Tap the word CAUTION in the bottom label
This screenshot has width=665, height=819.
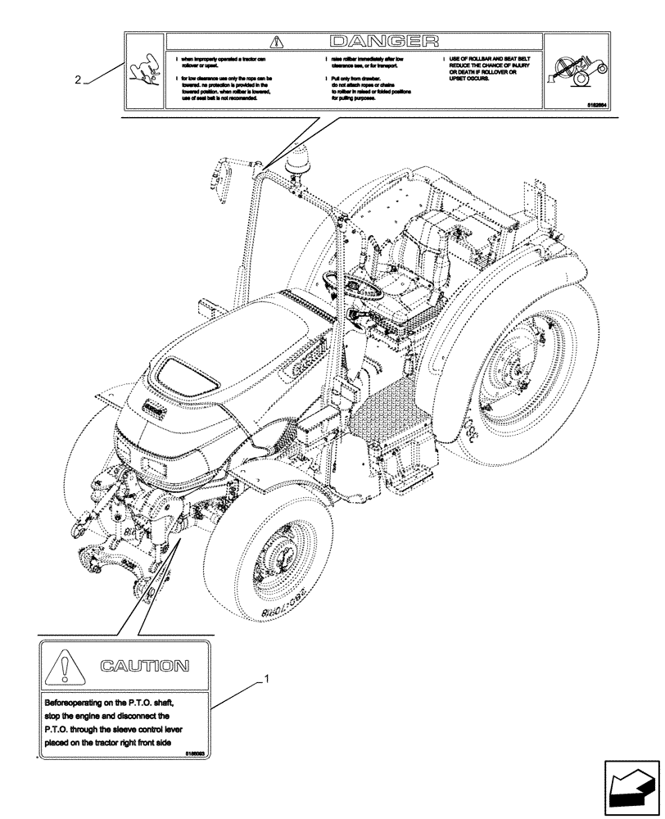[x=144, y=666]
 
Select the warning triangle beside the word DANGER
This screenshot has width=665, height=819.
[x=278, y=40]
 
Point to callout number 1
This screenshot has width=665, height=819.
[x=264, y=680]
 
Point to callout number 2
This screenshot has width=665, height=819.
[x=77, y=80]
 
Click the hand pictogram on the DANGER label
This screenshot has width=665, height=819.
[x=145, y=71]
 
